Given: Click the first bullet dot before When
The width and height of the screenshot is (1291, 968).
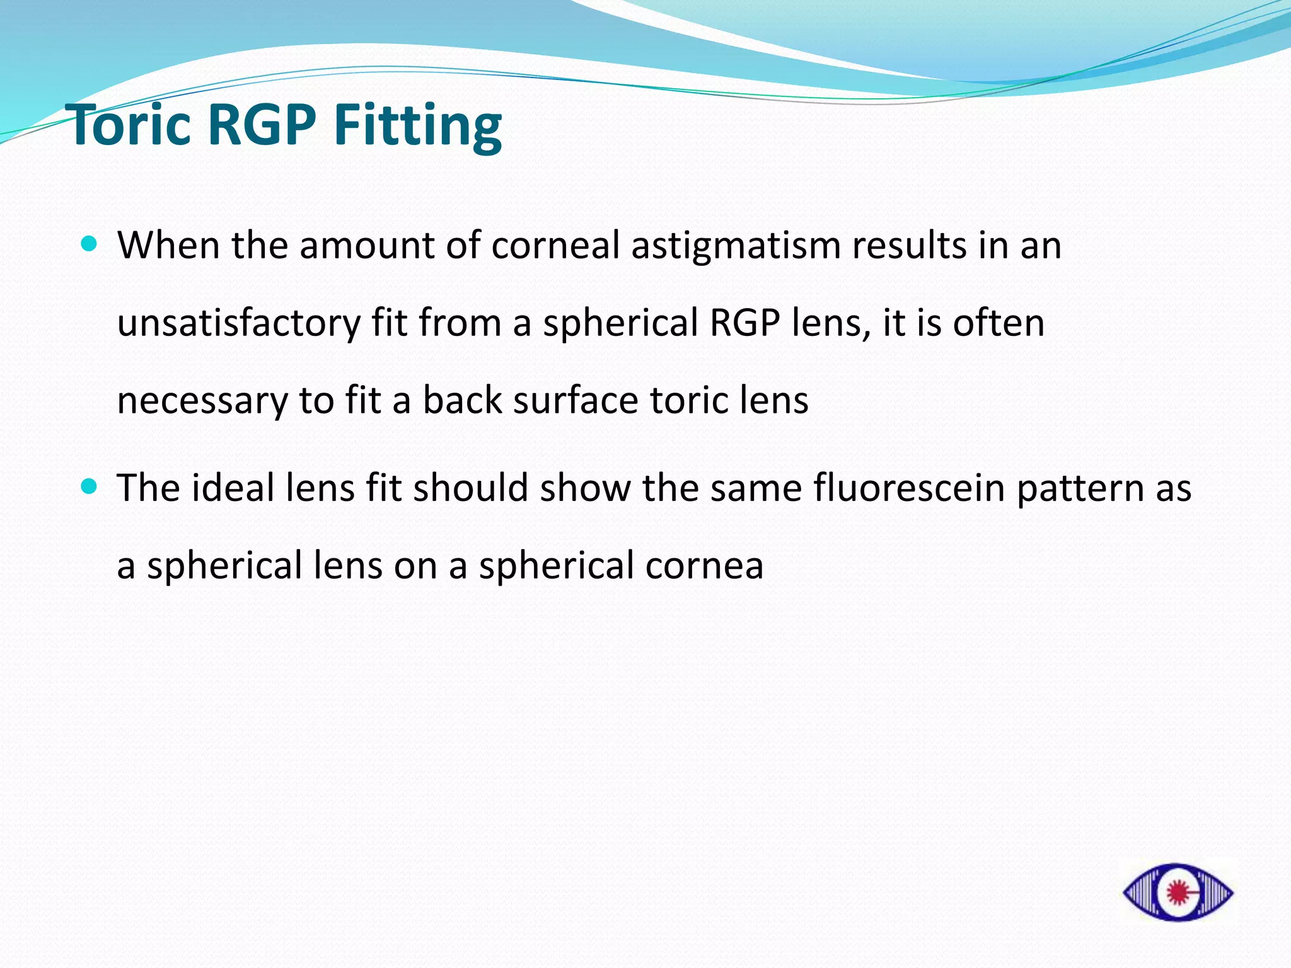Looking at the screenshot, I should pyautogui.click(x=90, y=244).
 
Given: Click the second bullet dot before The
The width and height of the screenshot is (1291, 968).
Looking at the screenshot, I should pyautogui.click(x=90, y=487).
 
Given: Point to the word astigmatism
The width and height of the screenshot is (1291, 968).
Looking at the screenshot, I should pyautogui.click(x=736, y=246).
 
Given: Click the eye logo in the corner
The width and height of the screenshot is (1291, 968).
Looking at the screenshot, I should pyautogui.click(x=1178, y=892).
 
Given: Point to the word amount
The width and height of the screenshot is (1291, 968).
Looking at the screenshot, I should pyautogui.click(x=367, y=246).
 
